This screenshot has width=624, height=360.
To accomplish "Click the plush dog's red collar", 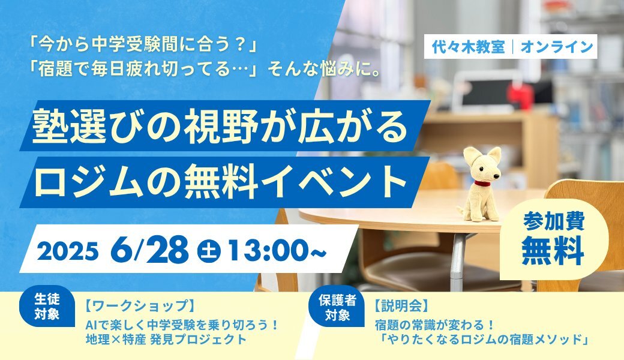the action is pyautogui.click(x=482, y=184).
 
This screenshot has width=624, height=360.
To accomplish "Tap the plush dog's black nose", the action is pyautogui.click(x=498, y=175).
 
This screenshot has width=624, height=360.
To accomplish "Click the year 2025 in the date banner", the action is pyautogui.click(x=68, y=251).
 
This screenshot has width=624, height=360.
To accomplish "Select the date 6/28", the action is pyautogui.click(x=149, y=250).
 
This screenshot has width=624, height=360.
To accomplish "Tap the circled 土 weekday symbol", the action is pyautogui.click(x=209, y=250).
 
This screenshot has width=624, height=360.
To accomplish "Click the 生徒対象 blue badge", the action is pyautogui.click(x=47, y=307).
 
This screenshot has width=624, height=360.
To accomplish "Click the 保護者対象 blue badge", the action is pyautogui.click(x=337, y=307).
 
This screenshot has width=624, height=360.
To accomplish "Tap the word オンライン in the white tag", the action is pyautogui.click(x=557, y=47).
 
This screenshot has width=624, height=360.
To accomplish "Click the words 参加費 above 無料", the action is pyautogui.click(x=554, y=221).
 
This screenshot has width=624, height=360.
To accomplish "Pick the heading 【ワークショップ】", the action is pyautogui.click(x=141, y=306).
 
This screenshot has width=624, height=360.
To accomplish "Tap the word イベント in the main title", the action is pyautogui.click(x=340, y=182).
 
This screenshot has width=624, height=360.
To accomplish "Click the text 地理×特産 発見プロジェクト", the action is pyautogui.click(x=166, y=340).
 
